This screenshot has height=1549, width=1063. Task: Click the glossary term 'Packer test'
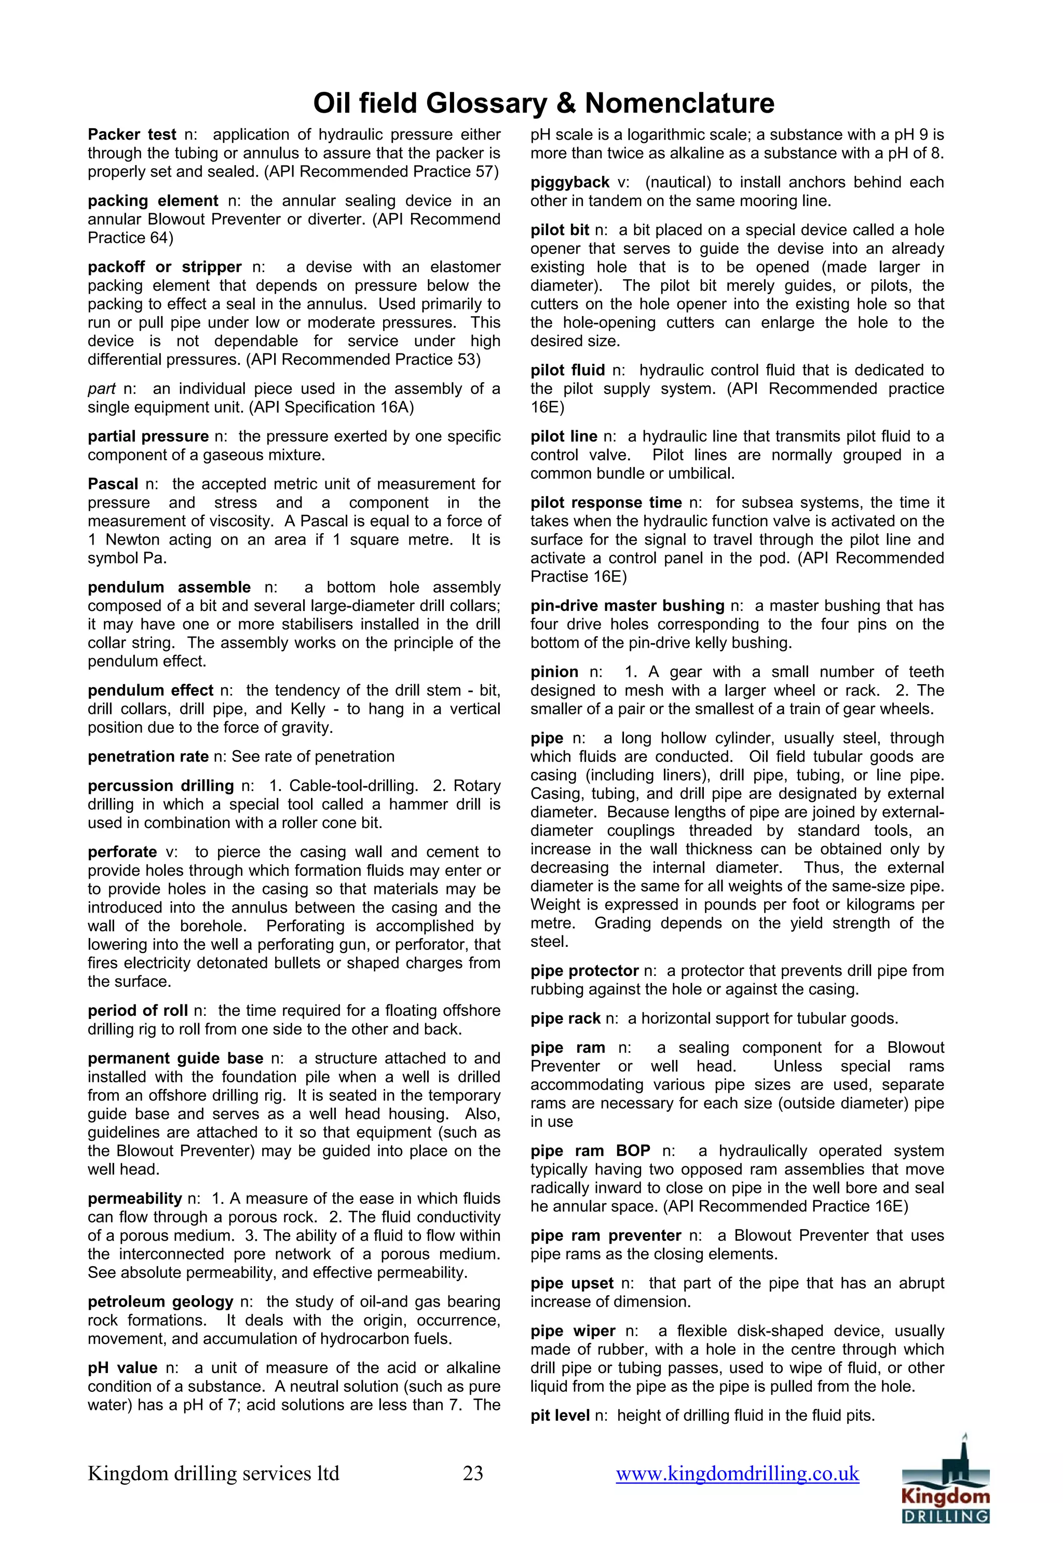click(x=132, y=134)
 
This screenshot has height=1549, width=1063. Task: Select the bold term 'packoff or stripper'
click(x=165, y=267)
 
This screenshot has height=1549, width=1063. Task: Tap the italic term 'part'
click(x=101, y=389)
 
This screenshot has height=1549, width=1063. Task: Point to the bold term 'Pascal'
click(x=113, y=484)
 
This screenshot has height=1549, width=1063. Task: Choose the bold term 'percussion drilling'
click(x=160, y=786)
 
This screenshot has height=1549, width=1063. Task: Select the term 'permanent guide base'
click(x=175, y=1058)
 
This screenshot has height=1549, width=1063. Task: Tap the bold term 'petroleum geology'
click(x=160, y=1302)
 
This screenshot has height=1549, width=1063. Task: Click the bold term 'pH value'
click(x=122, y=1368)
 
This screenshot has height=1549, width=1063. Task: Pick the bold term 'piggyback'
click(x=570, y=183)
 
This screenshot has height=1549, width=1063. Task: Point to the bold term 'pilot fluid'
click(x=568, y=370)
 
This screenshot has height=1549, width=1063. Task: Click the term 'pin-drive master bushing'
click(x=627, y=606)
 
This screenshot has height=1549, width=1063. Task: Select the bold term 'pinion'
click(x=554, y=672)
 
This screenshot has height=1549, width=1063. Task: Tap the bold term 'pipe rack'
click(x=566, y=1018)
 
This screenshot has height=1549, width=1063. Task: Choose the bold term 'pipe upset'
click(x=572, y=1283)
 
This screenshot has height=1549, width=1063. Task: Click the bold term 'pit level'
click(x=560, y=1416)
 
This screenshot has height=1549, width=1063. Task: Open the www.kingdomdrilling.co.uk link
click(x=737, y=1473)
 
